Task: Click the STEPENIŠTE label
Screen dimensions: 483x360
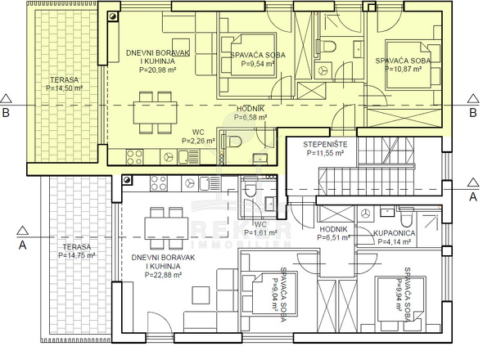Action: [325, 145]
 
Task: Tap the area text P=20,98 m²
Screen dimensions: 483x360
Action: [157, 70]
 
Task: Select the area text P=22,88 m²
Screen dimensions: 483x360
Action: [163, 275]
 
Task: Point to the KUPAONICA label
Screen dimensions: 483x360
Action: [395, 233]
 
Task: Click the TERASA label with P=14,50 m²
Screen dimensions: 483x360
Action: [65, 80]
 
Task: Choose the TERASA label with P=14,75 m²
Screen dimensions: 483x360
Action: [77, 247]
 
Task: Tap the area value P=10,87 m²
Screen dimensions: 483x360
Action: [404, 69]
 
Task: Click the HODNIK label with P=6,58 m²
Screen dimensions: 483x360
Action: [251, 109]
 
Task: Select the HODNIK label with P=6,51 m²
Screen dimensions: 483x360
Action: [333, 229]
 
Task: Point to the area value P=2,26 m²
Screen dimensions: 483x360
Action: [198, 141]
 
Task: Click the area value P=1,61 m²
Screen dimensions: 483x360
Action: [260, 233]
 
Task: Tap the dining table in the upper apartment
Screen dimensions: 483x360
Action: [156, 113]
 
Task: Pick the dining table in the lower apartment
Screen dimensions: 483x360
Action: [166, 228]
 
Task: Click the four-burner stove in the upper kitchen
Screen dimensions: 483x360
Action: [134, 157]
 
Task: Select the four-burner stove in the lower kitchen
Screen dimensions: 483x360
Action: [159, 183]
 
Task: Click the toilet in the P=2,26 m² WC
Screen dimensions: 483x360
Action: [233, 141]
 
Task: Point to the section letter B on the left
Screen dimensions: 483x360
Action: [6, 113]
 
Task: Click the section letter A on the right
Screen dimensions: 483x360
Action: [473, 197]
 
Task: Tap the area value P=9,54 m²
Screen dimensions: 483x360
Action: [258, 64]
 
